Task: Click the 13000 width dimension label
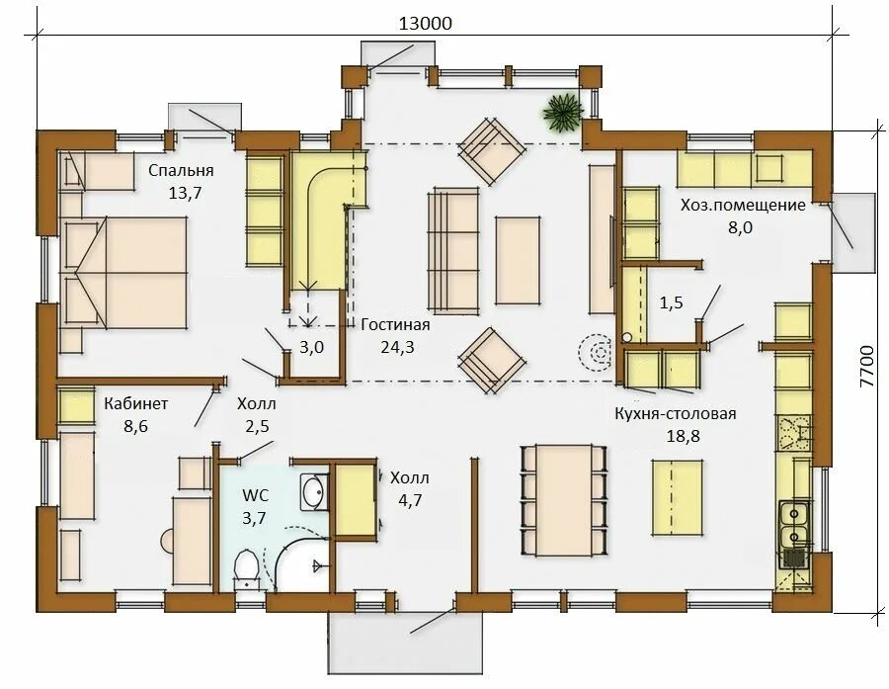tap(426, 24)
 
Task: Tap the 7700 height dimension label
tap(867, 367)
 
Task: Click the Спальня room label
tap(181, 170)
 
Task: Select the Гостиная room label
tap(395, 324)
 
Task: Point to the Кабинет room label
tap(136, 403)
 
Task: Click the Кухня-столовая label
tap(676, 413)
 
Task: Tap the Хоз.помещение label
tap(743, 205)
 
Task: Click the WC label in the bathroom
tap(256, 495)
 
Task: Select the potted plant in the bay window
tap(562, 113)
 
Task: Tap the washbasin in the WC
tap(313, 491)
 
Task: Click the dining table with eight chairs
tap(564, 500)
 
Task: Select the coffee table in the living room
tap(517, 261)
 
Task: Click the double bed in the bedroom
tap(123, 273)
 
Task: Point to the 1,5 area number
tap(671, 303)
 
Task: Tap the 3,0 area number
tap(311, 347)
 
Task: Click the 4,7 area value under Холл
tap(410, 500)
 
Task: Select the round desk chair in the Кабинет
tap(167, 541)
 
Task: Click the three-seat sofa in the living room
tap(453, 251)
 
